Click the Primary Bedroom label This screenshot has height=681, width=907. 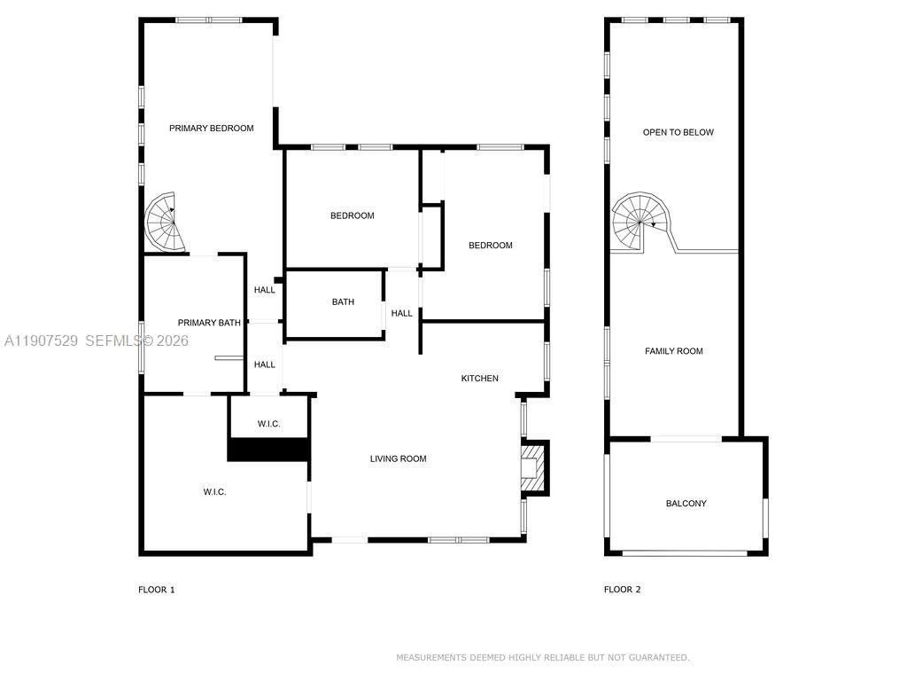(212, 129)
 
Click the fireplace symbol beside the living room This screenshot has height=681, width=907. (532, 466)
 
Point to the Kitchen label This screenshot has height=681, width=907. (479, 379)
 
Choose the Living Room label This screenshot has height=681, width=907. (398, 458)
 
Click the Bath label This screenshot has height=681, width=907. (343, 302)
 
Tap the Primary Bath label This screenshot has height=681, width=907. (209, 323)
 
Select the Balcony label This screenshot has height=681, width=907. (686, 504)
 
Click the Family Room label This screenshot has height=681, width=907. (673, 351)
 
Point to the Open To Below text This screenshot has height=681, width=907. (678, 132)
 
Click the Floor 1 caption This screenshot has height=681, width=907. (157, 590)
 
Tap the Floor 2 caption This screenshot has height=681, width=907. (622, 590)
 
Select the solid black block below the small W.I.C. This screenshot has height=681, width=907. (268, 450)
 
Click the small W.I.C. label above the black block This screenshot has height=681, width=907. (269, 424)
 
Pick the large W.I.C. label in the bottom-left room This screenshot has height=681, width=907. (214, 491)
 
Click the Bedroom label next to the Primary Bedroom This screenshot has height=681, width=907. (352, 215)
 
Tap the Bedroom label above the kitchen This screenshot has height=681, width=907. (490, 246)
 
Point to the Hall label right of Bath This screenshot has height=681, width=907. (401, 313)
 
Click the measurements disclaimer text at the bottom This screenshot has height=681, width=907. (542, 658)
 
